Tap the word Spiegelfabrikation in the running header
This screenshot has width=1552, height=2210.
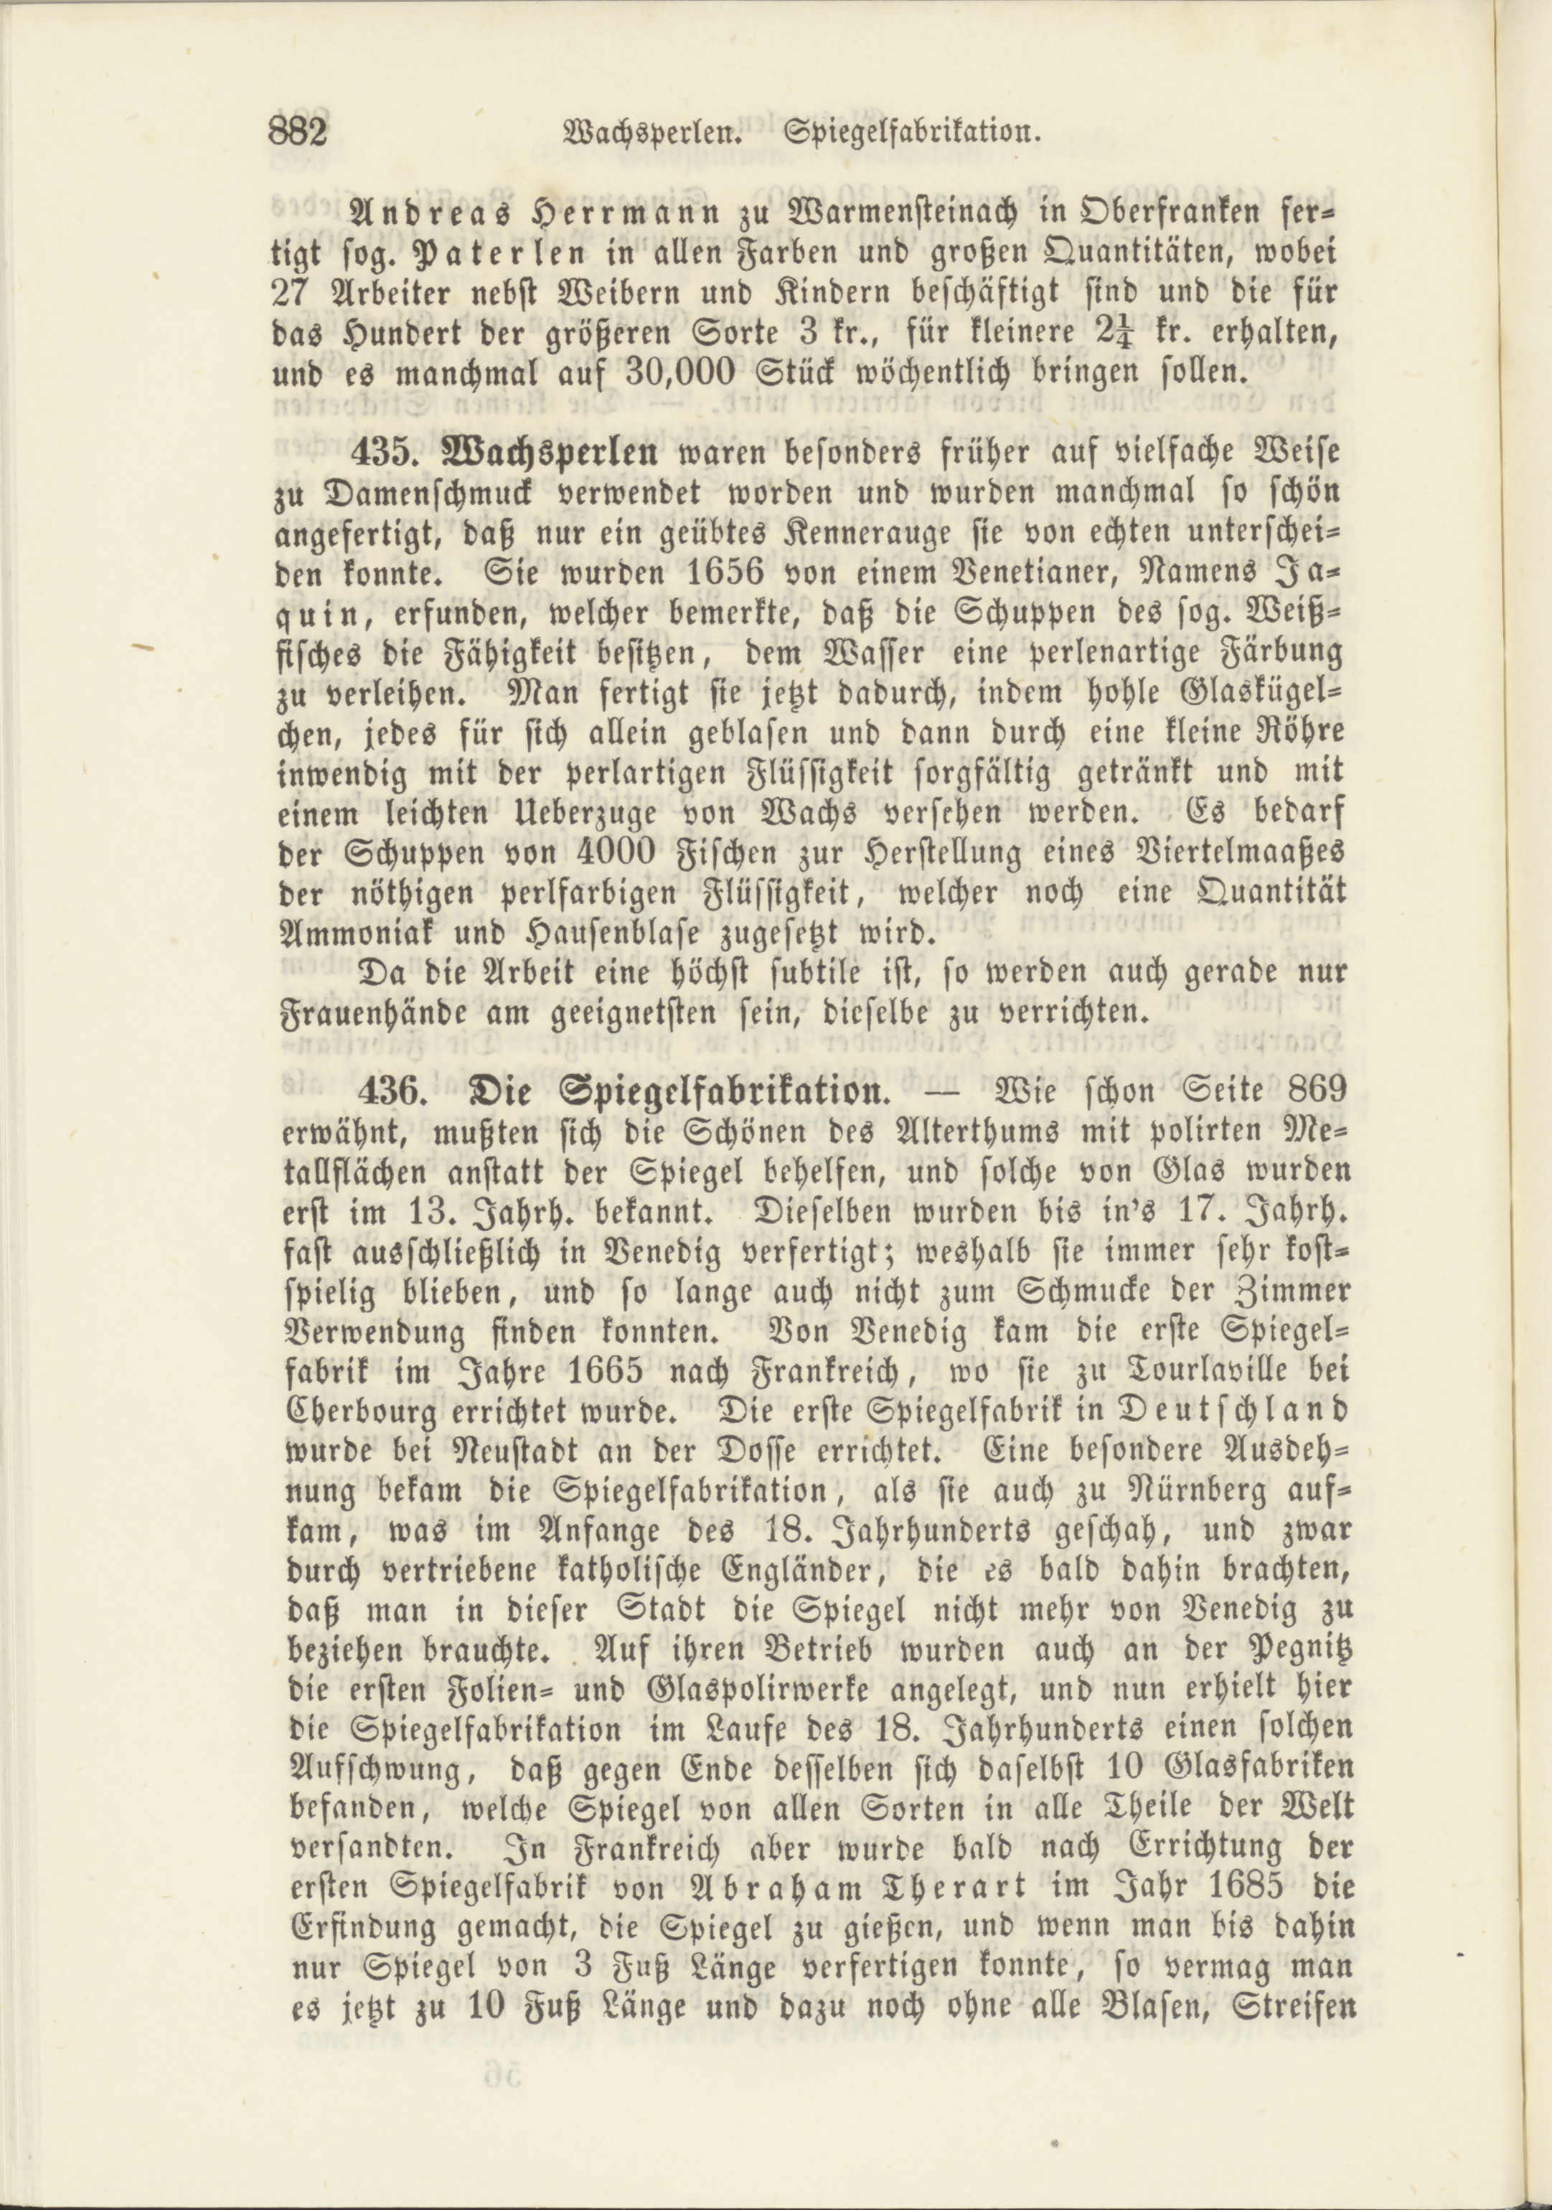(x=915, y=132)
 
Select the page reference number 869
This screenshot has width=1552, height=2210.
(x=1299, y=1093)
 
